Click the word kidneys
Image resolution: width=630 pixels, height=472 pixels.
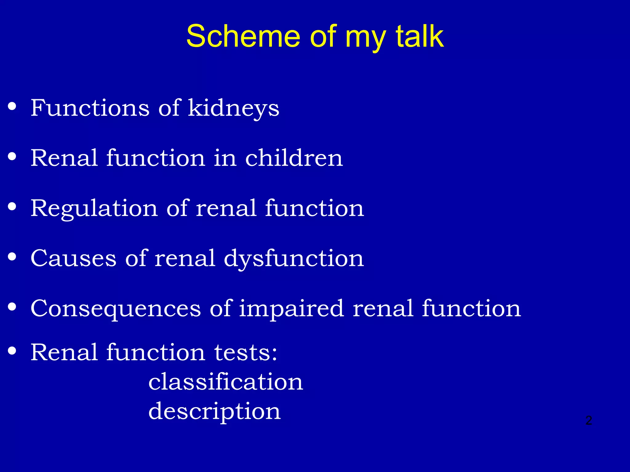(x=233, y=108)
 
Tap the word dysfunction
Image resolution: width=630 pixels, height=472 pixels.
(x=294, y=258)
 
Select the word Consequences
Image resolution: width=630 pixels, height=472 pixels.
(x=116, y=309)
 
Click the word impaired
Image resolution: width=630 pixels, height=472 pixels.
(x=291, y=309)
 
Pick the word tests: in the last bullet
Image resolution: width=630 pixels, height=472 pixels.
(x=246, y=352)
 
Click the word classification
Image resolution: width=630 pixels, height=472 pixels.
(x=226, y=382)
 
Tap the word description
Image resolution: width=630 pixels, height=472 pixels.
(x=214, y=411)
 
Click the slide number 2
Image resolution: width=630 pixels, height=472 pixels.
(x=588, y=420)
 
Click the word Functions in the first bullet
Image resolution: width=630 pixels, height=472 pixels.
(x=90, y=108)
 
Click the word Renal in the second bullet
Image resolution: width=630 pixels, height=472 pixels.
(x=64, y=158)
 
